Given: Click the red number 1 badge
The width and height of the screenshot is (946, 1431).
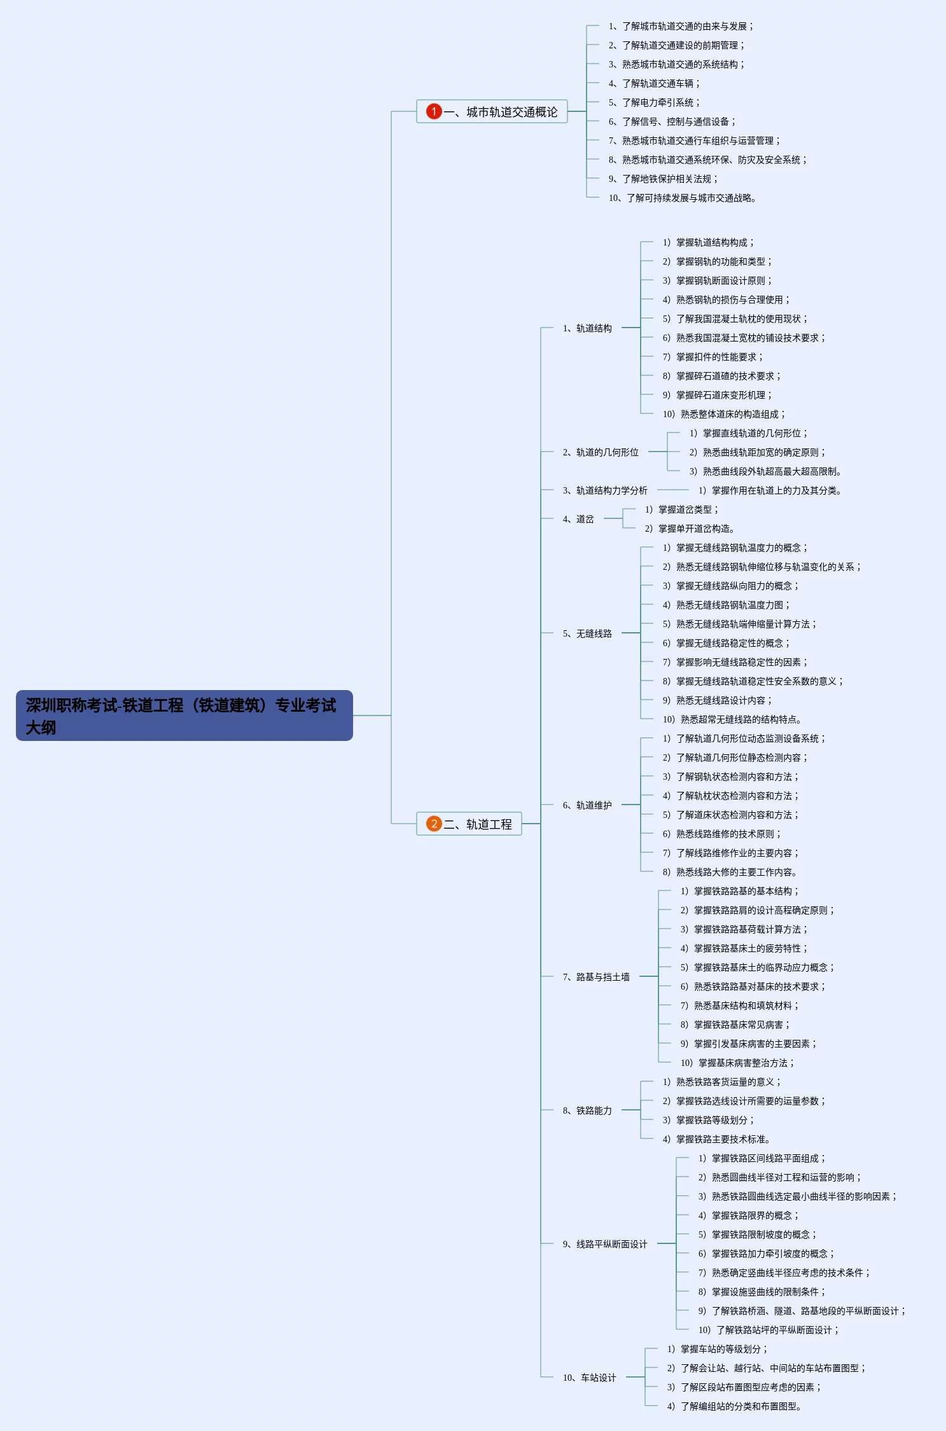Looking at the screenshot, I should click(434, 111).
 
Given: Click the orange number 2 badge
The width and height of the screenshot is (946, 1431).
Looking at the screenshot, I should click(434, 824).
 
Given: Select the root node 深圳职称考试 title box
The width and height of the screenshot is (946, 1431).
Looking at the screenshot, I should click(184, 715).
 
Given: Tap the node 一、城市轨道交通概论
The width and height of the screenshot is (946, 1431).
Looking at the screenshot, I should click(500, 112).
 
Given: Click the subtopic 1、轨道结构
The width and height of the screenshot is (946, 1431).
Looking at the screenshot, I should click(587, 328).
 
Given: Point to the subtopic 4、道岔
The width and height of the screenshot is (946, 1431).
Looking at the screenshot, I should click(578, 519).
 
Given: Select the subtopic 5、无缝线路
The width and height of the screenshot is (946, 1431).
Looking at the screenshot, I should click(587, 633).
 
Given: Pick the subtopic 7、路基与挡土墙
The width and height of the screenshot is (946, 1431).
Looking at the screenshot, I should click(596, 977).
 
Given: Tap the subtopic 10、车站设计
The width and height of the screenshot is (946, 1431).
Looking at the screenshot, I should click(589, 1378).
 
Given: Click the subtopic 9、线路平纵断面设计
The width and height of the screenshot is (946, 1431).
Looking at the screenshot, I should click(605, 1244).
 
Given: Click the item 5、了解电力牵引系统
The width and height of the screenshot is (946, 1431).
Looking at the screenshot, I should click(653, 102).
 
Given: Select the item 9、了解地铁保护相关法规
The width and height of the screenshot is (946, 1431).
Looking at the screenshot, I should click(662, 179).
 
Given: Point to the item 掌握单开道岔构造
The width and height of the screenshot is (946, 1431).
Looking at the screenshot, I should click(690, 529).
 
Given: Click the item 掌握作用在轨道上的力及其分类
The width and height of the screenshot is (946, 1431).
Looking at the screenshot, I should click(770, 490).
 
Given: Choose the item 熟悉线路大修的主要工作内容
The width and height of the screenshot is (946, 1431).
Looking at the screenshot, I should click(730, 872).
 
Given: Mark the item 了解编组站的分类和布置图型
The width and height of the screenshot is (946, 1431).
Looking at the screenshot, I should click(734, 1406).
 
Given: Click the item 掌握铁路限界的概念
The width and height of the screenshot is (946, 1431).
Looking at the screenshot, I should click(748, 1215).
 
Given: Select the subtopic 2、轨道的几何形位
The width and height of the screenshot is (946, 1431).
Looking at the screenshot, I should click(601, 452).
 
